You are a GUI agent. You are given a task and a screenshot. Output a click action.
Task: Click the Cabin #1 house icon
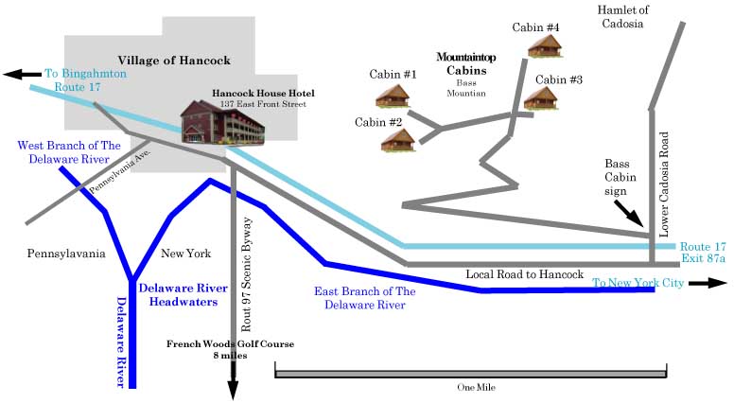coord(392,95)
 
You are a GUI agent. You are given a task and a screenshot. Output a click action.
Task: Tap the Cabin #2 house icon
coord(398,140)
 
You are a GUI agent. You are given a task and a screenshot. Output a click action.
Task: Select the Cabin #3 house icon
coord(541,97)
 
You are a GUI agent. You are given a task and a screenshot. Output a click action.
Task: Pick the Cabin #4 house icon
coord(544,45)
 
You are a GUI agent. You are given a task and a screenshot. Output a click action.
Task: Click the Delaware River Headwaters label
coord(178,294)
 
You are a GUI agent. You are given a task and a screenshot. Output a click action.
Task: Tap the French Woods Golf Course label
coord(230,343)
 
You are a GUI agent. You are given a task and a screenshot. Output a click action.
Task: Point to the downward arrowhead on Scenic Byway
coord(232,391)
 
